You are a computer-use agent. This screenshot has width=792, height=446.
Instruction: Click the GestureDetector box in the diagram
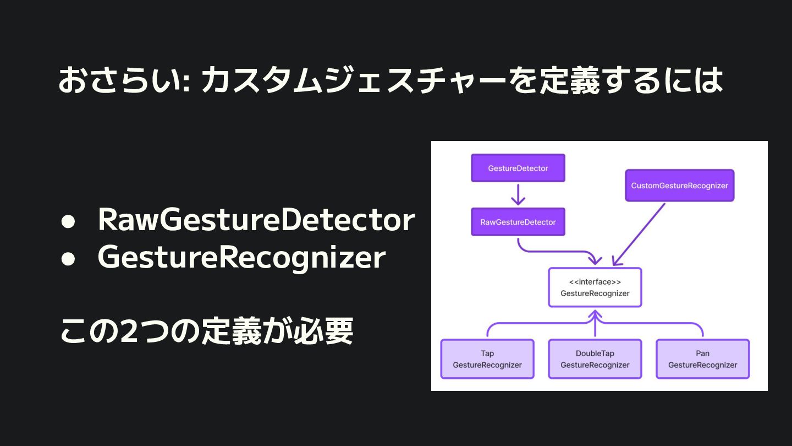pyautogui.click(x=518, y=168)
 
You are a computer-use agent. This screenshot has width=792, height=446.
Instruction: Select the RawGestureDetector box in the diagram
pyautogui.click(x=518, y=222)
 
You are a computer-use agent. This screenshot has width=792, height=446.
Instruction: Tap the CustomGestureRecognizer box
pyautogui.click(x=680, y=186)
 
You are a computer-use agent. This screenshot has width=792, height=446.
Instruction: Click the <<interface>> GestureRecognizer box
pyautogui.click(x=595, y=287)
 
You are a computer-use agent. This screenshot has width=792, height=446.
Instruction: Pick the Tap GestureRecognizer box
pyautogui.click(x=487, y=359)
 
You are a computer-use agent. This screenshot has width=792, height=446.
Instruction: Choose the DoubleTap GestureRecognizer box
pyautogui.click(x=595, y=359)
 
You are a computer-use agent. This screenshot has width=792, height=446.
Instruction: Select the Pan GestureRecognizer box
pyautogui.click(x=703, y=359)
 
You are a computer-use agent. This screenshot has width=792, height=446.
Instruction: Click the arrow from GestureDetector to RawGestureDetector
pyautogui.click(x=518, y=194)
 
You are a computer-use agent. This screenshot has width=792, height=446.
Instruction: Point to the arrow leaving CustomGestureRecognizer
pyautogui.click(x=639, y=234)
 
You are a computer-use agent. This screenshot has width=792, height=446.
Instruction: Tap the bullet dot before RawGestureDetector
pyautogui.click(x=68, y=221)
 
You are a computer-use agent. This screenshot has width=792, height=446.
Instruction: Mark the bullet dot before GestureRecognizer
pyautogui.click(x=68, y=258)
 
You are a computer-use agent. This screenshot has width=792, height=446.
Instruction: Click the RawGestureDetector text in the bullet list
pyautogui.click(x=256, y=220)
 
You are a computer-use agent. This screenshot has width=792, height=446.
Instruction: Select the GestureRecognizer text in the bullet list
pyautogui.click(x=241, y=257)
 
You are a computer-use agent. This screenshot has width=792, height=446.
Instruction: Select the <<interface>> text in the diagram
pyautogui.click(x=595, y=282)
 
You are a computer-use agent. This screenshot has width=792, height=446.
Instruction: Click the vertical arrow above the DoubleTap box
pyautogui.click(x=595, y=325)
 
